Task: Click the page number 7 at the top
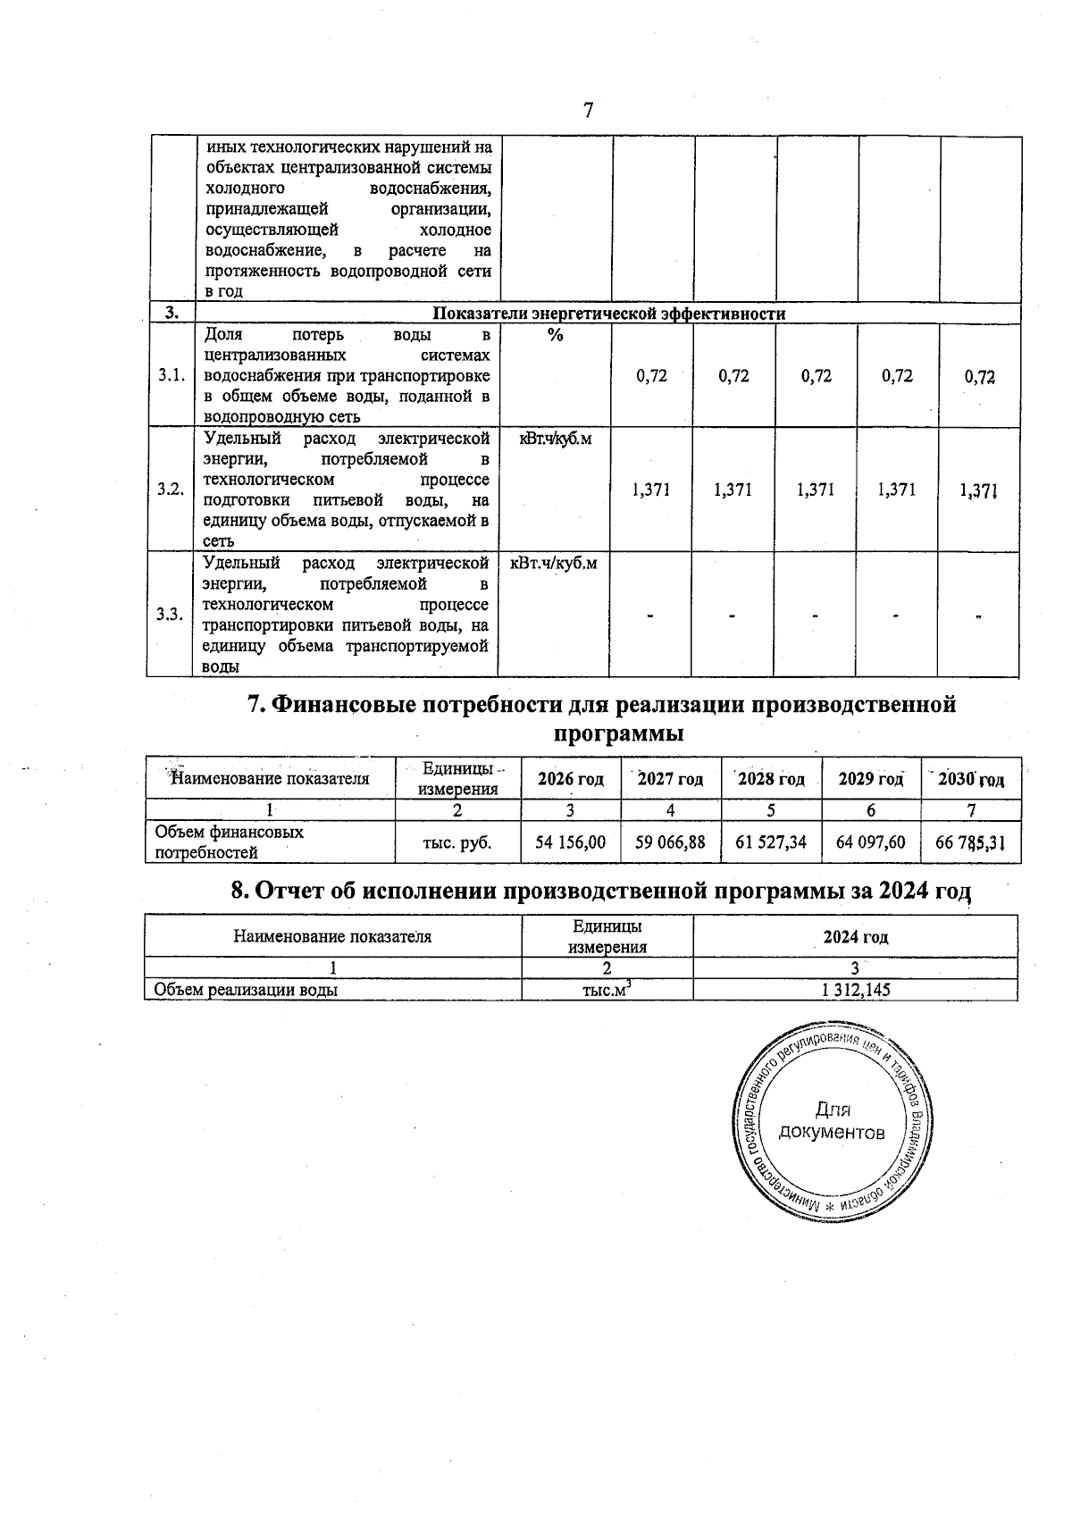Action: [588, 111]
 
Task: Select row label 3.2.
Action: [171, 490]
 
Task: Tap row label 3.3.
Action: [170, 615]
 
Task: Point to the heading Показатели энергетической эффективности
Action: [608, 314]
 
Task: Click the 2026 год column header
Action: [570, 779]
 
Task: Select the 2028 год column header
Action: [771, 779]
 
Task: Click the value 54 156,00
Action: [570, 842]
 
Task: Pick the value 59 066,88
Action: [670, 842]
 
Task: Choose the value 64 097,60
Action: [871, 842]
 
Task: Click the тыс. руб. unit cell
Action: [457, 842]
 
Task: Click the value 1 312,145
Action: [855, 990]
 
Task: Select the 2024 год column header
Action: [855, 937]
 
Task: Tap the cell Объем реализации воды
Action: [246, 990]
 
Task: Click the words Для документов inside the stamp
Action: [832, 1122]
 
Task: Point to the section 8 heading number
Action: [239, 891]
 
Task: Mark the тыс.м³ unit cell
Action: [607, 990]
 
